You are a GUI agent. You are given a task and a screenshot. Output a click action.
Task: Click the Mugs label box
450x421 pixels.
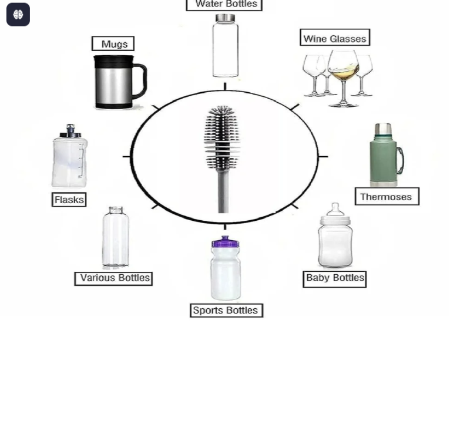113,43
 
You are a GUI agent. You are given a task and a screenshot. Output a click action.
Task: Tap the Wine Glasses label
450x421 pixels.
335,37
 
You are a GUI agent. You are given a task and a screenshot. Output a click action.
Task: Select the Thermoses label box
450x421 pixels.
387,197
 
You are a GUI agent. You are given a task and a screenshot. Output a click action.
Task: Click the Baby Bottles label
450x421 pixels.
335,279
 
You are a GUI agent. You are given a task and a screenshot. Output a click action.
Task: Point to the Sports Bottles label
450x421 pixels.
226,310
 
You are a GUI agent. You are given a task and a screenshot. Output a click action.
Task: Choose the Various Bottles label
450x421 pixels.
113,279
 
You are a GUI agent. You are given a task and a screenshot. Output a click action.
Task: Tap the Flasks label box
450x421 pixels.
69,199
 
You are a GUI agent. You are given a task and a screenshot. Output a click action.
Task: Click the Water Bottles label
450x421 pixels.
224,5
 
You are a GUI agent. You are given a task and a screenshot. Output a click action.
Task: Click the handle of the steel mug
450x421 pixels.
140,81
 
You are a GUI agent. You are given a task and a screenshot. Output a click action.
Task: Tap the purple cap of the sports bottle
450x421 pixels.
225,242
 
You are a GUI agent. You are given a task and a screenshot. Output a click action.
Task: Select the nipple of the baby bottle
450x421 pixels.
335,210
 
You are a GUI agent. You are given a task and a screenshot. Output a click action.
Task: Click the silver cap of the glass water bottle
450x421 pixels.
225,18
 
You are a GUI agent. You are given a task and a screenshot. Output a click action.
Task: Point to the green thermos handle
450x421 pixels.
400,161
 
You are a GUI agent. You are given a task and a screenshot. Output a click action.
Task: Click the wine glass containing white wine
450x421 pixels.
344,78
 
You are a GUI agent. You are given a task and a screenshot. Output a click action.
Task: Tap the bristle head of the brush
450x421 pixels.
222,137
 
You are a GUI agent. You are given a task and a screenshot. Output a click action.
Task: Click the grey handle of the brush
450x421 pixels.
223,191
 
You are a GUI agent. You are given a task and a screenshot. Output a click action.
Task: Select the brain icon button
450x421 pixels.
18,14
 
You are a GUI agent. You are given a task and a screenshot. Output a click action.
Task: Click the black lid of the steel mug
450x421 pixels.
114,62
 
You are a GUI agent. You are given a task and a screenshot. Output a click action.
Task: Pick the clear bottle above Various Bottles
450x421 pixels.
116,237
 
